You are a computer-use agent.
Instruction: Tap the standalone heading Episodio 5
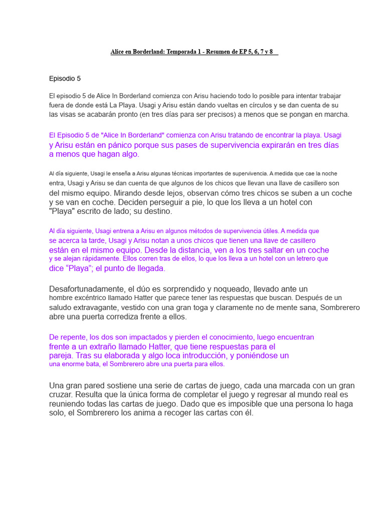65,79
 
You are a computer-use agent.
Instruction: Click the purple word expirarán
277,145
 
